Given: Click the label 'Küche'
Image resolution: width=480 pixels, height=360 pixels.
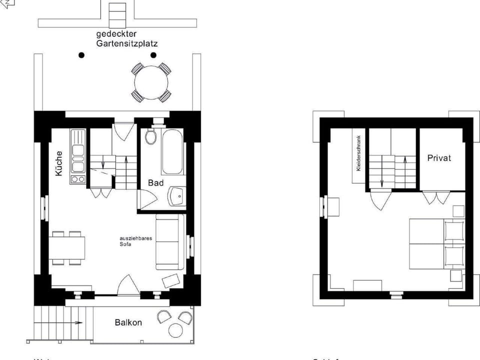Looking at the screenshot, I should click(59, 163).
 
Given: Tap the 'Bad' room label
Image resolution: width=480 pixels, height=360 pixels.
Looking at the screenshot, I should click(155, 183).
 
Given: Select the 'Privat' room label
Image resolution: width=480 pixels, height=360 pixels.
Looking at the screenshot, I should click(439, 158).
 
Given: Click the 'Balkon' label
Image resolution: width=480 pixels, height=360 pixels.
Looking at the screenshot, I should click(128, 322).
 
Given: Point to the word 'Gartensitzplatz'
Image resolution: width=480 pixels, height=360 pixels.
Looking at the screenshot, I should click(127, 43).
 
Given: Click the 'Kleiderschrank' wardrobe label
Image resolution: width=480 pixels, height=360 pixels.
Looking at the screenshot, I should click(358, 154).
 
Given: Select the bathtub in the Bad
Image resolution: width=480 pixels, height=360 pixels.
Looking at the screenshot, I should click(172, 150).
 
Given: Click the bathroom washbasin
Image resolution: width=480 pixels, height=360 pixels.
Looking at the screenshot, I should click(176, 196).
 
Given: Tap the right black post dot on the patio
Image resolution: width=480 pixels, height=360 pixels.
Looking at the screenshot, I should click(153, 55).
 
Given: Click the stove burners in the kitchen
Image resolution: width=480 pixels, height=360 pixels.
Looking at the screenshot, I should click(77, 178).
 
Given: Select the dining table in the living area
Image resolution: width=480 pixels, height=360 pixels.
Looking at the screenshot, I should click(66, 247).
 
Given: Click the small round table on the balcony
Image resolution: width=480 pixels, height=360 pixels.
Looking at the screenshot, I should click(176, 330).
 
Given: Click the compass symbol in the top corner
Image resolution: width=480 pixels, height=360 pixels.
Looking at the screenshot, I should click(7, 2).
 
